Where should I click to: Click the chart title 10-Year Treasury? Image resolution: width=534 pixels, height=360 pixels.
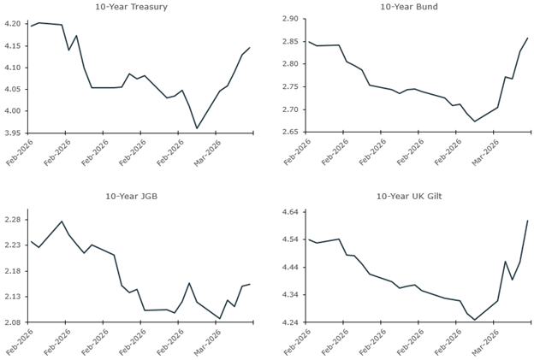[131, 7]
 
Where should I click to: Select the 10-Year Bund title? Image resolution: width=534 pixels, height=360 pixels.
[408, 7]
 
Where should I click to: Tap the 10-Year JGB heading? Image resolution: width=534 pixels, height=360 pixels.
[131, 196]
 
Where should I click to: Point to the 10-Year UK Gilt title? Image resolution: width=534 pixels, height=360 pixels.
[408, 196]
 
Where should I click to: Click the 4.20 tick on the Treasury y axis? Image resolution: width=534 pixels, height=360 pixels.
[14, 24]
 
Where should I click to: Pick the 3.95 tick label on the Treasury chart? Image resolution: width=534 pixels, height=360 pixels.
[14, 133]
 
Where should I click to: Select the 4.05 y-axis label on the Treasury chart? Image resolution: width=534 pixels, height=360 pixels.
[14, 90]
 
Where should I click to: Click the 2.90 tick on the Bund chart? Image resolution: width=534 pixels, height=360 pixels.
[288, 19]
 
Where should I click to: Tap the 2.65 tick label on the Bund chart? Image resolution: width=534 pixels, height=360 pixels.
[288, 133]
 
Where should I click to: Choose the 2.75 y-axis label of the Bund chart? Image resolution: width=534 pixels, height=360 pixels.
[288, 87]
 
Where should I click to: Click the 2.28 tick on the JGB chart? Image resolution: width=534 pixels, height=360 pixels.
[14, 219]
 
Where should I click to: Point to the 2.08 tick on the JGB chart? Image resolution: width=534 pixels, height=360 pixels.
[14, 323]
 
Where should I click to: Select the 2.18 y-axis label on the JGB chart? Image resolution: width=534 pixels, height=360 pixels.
[14, 271]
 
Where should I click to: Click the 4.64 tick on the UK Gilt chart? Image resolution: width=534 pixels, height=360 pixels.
[288, 212]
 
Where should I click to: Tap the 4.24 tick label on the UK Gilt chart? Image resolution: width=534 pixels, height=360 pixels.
[288, 323]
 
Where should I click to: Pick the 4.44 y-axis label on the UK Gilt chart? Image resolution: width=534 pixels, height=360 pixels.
[288, 268]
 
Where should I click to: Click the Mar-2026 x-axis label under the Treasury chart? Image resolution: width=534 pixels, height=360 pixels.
[209, 156]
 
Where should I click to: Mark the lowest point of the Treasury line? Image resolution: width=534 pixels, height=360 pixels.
[197, 128]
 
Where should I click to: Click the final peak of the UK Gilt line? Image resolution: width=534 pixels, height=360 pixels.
[527, 221]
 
